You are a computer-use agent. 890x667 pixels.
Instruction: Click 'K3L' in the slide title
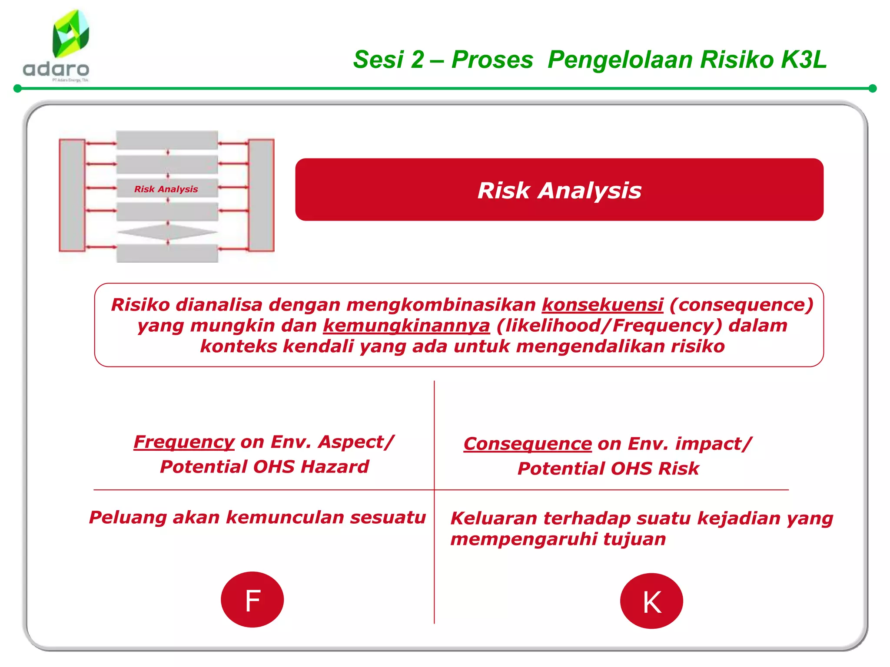(x=803, y=59)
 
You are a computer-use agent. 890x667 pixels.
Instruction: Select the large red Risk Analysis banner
(x=559, y=190)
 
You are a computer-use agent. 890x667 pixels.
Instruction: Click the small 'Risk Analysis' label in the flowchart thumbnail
(x=166, y=189)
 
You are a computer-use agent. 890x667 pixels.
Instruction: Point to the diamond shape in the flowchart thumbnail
(x=167, y=232)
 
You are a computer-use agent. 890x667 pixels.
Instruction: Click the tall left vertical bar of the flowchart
(x=72, y=195)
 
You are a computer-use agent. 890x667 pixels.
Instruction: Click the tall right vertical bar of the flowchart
(x=261, y=195)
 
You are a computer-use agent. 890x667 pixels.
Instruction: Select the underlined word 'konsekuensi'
(x=602, y=305)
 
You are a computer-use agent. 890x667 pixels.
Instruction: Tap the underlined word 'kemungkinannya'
(x=406, y=326)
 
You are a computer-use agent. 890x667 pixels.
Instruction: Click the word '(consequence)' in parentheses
(x=741, y=305)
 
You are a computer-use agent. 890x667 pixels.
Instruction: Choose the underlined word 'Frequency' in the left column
(x=184, y=442)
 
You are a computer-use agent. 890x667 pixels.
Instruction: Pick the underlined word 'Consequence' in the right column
(x=527, y=444)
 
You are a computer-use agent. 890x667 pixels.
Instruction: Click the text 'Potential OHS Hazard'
(x=264, y=467)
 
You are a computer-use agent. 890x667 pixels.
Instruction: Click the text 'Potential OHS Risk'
(x=608, y=469)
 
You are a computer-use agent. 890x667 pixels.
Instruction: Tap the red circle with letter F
(x=252, y=600)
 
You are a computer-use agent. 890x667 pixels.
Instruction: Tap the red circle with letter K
(x=651, y=601)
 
